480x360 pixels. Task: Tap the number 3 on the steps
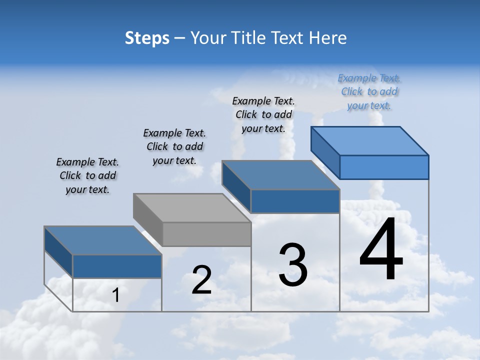click(293, 264)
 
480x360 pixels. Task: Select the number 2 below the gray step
click(201, 280)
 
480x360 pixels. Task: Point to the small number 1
click(115, 295)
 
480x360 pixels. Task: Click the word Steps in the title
click(147, 37)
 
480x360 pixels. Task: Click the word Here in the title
click(328, 37)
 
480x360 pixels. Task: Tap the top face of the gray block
click(192, 207)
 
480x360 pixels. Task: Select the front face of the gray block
click(207, 234)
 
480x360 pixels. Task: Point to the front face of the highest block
click(384, 167)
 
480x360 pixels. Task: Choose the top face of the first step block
click(102, 240)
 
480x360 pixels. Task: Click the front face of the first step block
click(117, 266)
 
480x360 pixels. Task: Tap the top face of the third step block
click(280, 175)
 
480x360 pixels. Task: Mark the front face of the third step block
click(295, 201)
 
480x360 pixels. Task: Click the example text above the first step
click(87, 175)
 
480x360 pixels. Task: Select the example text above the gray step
click(174, 146)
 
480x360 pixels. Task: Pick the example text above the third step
click(263, 114)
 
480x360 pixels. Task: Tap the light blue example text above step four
click(369, 91)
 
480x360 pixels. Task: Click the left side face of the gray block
click(148, 220)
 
